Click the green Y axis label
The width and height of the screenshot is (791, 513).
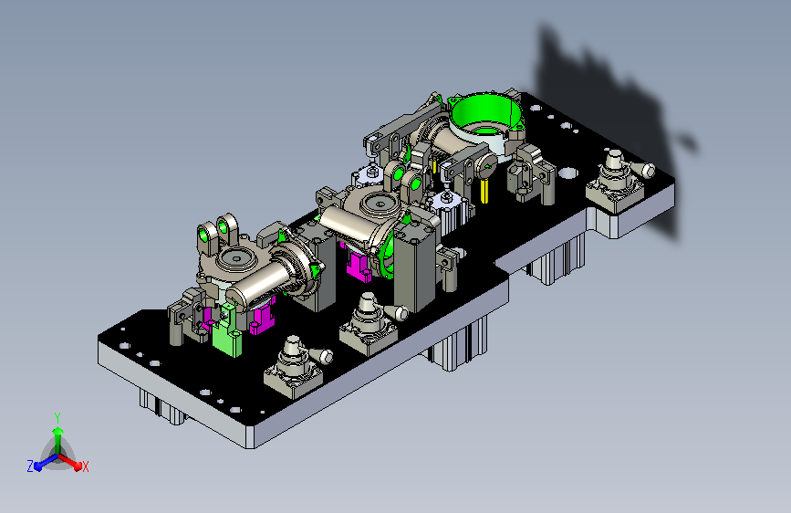[57, 418]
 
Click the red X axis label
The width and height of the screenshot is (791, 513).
[85, 467]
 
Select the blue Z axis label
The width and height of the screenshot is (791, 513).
[30, 466]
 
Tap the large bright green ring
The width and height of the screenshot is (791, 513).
[484, 111]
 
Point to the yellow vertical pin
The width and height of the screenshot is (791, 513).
[484, 191]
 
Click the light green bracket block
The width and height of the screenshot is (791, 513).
[227, 337]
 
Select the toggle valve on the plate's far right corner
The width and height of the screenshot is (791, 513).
[618, 182]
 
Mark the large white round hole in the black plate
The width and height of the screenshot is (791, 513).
[568, 173]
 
